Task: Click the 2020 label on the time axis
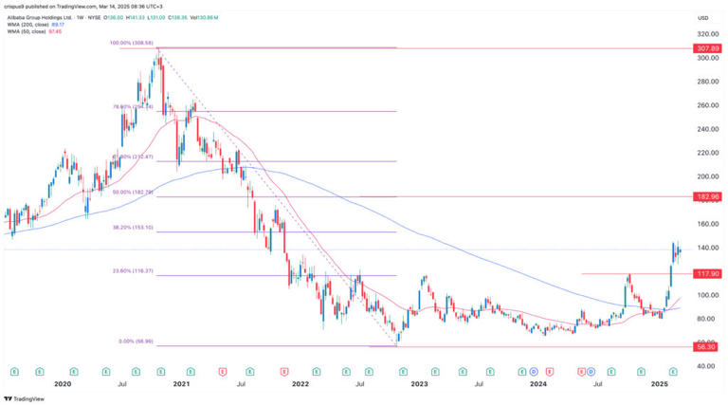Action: coord(63,384)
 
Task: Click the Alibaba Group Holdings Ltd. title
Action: coord(42,17)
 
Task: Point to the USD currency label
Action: coord(703,17)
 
